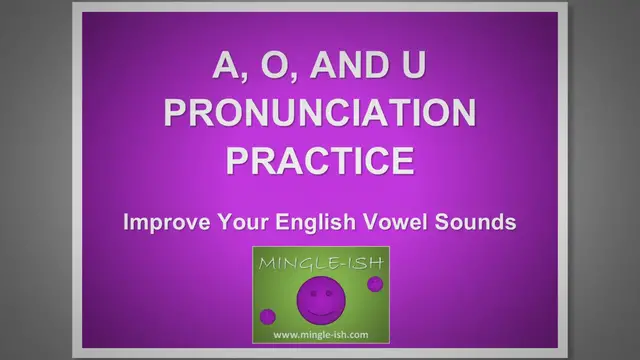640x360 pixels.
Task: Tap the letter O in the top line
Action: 275,67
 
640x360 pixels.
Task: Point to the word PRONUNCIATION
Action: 320,113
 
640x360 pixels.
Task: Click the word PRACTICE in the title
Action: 320,159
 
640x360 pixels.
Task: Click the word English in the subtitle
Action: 307,222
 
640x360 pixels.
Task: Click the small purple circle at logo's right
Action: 375,284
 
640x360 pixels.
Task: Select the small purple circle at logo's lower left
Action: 267,316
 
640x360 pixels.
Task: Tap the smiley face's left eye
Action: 310,291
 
